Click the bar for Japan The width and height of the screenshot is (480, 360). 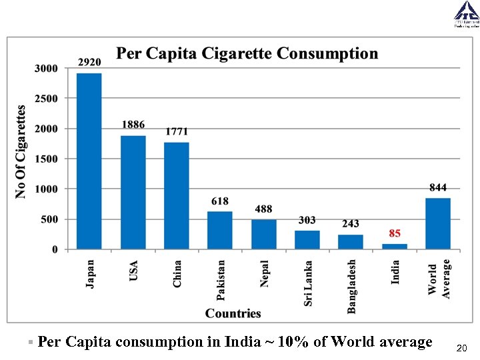tap(89, 161)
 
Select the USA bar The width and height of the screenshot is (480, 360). tap(133, 193)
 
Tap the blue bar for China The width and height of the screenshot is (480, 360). tap(177, 196)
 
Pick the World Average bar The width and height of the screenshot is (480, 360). tap(438, 223)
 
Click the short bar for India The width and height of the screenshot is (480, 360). tap(395, 246)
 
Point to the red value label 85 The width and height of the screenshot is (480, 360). tap(395, 233)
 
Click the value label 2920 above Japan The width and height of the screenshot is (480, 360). tap(89, 62)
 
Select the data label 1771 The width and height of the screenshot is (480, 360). tap(177, 131)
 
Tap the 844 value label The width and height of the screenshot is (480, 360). tap(438, 187)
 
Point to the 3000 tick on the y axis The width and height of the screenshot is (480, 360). tap(46, 68)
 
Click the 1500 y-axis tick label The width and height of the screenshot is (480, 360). tap(46, 159)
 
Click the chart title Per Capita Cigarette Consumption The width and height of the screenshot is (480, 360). tap(247, 53)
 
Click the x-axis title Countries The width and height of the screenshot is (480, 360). tap(233, 313)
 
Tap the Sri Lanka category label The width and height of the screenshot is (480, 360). tap(308, 283)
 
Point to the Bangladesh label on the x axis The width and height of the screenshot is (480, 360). tap(351, 286)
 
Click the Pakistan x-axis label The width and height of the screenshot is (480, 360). tap(221, 283)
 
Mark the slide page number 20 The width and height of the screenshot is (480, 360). tap(461, 348)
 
